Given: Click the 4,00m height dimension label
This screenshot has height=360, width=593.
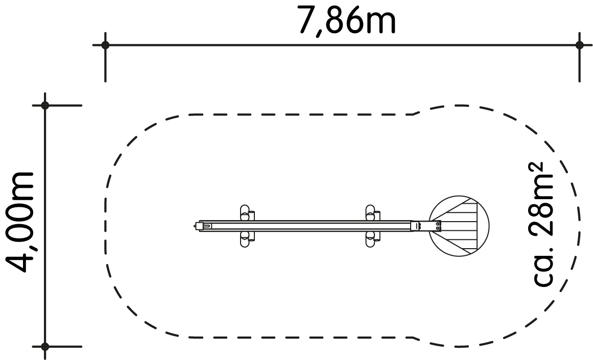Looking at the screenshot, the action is pyautogui.click(x=20, y=222).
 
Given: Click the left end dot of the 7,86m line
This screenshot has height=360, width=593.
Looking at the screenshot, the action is pyautogui.click(x=105, y=45).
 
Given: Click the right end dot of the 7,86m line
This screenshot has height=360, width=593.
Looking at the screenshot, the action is pyautogui.click(x=579, y=45).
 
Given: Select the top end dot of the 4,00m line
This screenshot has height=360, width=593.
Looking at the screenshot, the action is pyautogui.click(x=45, y=105).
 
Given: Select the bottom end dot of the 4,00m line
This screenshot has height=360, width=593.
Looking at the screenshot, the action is pyautogui.click(x=45, y=346).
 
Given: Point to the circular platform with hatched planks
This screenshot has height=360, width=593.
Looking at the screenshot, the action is pyautogui.click(x=459, y=226).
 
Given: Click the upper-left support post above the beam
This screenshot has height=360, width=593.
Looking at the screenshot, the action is pyautogui.click(x=246, y=212).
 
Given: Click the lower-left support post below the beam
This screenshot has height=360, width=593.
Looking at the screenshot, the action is pyautogui.click(x=246, y=239).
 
